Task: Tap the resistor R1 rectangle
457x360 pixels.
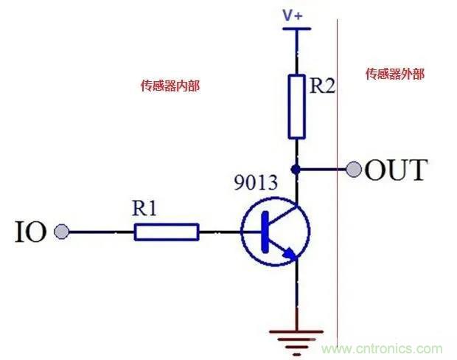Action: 167,232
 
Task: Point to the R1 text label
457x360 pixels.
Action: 146,209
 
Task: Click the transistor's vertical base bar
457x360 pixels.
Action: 263,232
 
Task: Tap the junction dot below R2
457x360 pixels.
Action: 296,170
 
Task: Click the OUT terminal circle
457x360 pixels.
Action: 355,170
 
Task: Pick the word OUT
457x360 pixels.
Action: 396,170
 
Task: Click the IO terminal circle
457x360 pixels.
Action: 62,232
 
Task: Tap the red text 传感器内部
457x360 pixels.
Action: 170,86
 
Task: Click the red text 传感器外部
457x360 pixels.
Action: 395,75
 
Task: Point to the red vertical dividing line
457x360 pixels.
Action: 337,221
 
